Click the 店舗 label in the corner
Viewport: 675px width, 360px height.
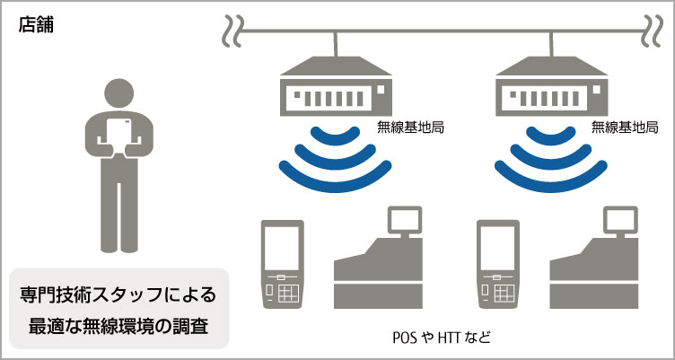point(35,25)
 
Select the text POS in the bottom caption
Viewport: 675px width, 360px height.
point(407,338)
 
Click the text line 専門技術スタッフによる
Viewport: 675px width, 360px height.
point(118,295)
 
